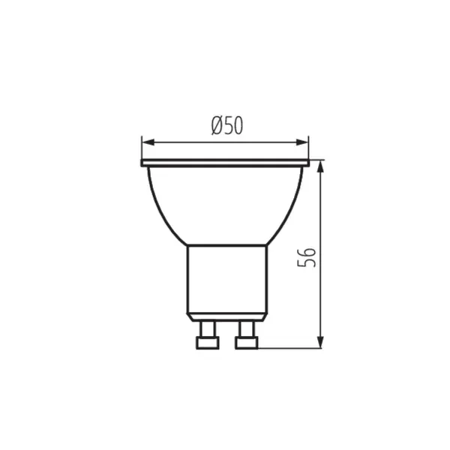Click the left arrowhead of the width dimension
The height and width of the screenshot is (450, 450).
(x=146, y=141)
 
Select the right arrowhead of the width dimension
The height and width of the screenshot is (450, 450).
(x=304, y=141)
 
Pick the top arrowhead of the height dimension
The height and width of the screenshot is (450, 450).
(x=321, y=166)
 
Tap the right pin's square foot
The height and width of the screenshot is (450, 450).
(x=246, y=343)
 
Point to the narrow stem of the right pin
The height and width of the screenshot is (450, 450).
(x=246, y=328)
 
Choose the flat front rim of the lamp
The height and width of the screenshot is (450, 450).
(x=225, y=162)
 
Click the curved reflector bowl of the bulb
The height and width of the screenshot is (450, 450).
(x=225, y=202)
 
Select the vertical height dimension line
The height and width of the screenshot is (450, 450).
(x=321, y=225)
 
